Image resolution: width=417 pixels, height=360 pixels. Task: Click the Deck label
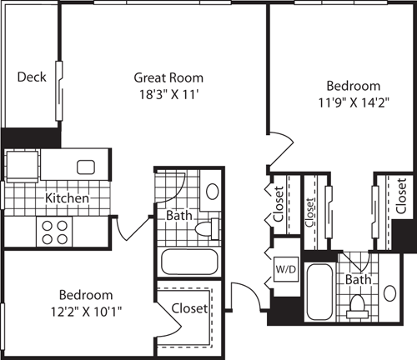click(x=31, y=77)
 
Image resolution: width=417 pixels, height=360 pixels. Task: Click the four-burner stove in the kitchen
click(x=53, y=231)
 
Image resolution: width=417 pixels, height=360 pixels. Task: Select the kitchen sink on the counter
click(x=88, y=167)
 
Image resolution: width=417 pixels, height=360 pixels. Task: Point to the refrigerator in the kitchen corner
click(x=20, y=163)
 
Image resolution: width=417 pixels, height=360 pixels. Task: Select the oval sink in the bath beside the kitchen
click(x=211, y=191)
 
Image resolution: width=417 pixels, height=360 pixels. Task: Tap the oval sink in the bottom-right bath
click(x=391, y=295)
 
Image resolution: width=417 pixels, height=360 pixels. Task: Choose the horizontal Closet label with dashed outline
click(x=189, y=307)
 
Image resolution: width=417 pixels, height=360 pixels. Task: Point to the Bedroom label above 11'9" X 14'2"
click(x=353, y=86)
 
